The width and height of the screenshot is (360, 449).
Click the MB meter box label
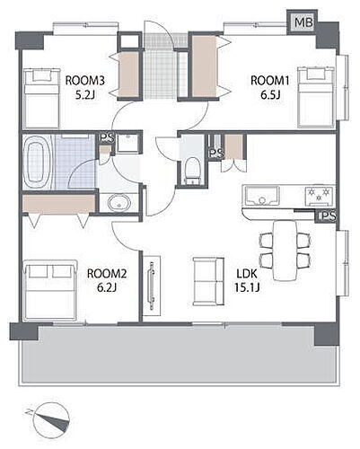303,22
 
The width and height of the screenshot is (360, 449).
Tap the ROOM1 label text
270,81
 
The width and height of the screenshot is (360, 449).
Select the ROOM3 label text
85,81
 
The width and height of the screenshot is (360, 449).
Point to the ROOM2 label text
107,274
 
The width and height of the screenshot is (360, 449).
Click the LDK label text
247,274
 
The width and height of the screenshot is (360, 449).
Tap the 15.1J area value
247,287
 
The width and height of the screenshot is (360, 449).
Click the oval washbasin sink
119,203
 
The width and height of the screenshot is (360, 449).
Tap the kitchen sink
261,196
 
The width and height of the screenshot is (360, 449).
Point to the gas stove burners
319,195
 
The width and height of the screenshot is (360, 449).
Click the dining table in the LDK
285,251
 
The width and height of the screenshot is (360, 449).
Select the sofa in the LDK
208,281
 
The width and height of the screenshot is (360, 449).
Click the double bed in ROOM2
50,290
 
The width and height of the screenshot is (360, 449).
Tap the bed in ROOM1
316,98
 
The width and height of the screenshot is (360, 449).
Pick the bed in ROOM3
41,99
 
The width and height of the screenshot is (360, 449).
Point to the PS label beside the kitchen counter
327,216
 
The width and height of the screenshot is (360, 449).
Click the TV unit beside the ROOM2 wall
152,286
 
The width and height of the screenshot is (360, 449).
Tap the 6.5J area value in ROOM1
270,95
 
